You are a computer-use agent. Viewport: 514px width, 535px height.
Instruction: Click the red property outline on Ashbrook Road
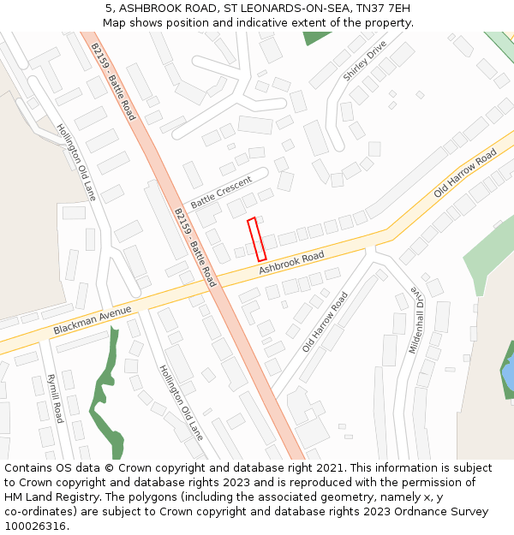point(257,240)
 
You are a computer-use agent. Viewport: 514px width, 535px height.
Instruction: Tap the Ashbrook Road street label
point(291,263)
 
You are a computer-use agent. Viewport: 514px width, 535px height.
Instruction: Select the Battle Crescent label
point(221,193)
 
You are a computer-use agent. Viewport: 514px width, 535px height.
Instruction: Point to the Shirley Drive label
point(365,60)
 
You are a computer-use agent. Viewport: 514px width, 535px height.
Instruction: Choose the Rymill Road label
point(55,398)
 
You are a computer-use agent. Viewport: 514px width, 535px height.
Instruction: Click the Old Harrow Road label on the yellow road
point(465,174)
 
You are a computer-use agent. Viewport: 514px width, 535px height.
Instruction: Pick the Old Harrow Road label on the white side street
point(326,323)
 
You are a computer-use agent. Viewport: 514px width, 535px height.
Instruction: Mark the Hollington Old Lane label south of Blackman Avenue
point(181,402)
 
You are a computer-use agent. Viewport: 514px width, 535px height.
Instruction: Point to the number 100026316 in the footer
point(35,526)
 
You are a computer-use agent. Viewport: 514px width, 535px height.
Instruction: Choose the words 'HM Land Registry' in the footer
point(51,496)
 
